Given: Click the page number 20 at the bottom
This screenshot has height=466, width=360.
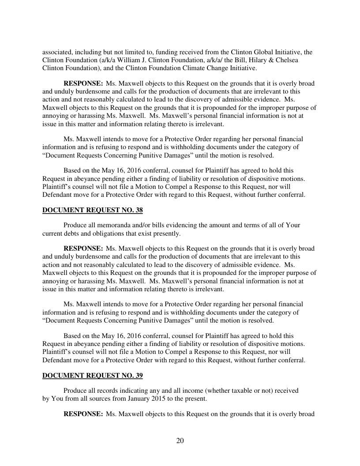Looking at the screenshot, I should click(x=180, y=441).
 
